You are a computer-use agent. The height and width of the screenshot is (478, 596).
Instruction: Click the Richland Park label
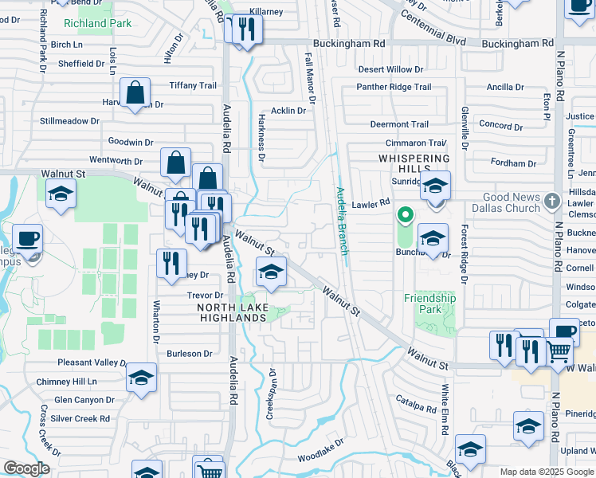[x=97, y=23]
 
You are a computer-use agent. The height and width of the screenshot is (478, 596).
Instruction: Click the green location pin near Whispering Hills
[x=405, y=214]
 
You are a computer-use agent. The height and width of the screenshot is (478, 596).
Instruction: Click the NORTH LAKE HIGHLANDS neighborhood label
[x=231, y=312]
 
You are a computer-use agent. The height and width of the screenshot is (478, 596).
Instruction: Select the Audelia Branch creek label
[x=341, y=221]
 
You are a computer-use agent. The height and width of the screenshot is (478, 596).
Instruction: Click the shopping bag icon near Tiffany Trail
[x=136, y=92]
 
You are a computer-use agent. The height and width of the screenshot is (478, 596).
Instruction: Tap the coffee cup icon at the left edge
[x=28, y=238]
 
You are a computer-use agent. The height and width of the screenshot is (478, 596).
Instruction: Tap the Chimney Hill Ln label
[x=65, y=382]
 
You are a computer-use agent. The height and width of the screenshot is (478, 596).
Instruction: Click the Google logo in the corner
[x=26, y=468]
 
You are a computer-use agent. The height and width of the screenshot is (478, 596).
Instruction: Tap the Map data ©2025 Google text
[x=547, y=472]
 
